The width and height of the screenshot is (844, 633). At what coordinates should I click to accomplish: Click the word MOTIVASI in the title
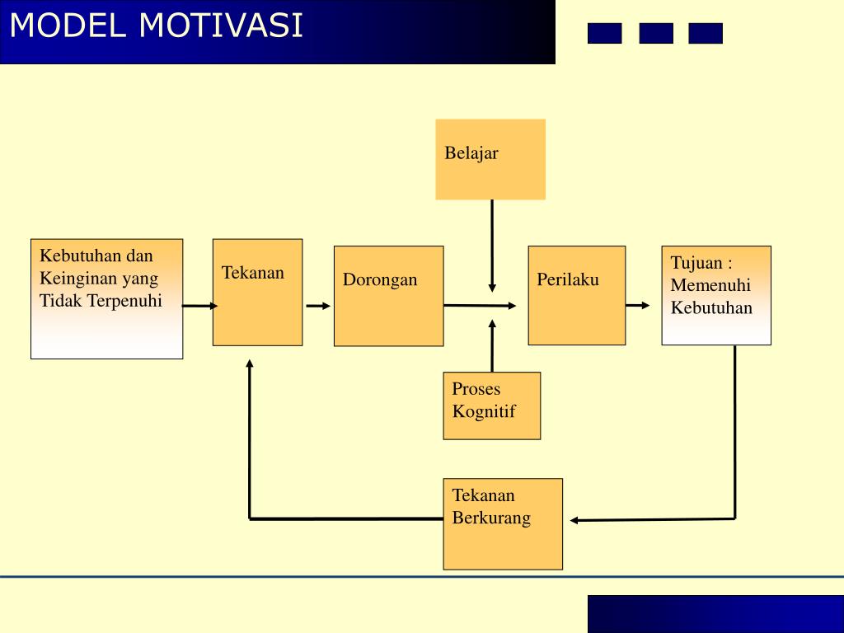pyautogui.click(x=221, y=26)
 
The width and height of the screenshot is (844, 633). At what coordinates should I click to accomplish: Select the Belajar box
pyautogui.click(x=490, y=159)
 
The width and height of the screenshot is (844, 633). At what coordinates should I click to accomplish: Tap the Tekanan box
pyautogui.click(x=257, y=292)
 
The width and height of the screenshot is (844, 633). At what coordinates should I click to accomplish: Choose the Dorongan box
pyautogui.click(x=388, y=296)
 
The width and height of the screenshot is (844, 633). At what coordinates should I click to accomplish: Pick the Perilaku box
pyautogui.click(x=576, y=295)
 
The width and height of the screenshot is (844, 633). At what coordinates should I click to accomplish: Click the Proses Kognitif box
pyautogui.click(x=491, y=406)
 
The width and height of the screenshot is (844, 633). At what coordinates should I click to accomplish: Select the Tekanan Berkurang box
pyautogui.click(x=503, y=523)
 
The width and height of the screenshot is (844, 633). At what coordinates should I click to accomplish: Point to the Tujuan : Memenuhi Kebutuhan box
pyautogui.click(x=716, y=295)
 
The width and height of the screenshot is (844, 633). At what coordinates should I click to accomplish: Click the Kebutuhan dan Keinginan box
pyautogui.click(x=106, y=298)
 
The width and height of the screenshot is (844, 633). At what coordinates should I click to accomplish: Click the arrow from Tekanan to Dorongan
pyautogui.click(x=317, y=306)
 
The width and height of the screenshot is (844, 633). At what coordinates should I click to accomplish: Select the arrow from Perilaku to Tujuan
pyautogui.click(x=637, y=306)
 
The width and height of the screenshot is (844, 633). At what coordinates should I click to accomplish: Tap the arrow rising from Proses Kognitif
pyautogui.click(x=492, y=346)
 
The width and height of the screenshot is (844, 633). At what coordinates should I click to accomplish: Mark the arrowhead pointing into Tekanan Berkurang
pyautogui.click(x=575, y=520)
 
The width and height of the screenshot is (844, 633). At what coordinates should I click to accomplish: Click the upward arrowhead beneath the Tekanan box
pyautogui.click(x=249, y=363)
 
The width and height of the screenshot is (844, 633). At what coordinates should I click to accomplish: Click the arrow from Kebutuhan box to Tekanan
pyautogui.click(x=199, y=306)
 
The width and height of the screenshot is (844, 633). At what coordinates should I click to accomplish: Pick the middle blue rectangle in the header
pyautogui.click(x=655, y=34)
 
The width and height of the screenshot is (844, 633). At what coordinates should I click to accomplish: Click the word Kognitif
pyautogui.click(x=484, y=411)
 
